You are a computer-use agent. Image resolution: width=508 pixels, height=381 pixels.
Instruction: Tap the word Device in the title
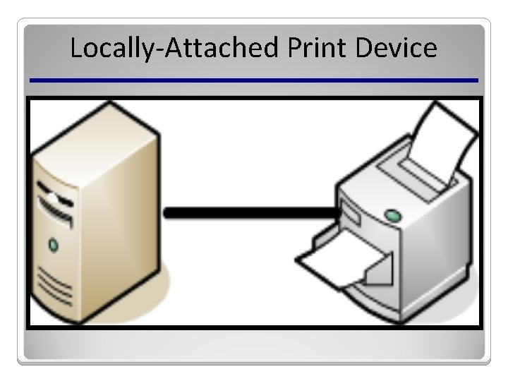point(397,49)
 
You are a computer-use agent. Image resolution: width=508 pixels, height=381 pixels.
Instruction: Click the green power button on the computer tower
point(52,246)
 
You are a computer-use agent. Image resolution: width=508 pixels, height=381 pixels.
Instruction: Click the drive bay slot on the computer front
point(55,209)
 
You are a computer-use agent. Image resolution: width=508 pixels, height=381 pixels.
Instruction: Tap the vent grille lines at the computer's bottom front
point(54,286)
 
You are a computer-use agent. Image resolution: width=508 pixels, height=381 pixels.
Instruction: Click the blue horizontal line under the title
point(254,80)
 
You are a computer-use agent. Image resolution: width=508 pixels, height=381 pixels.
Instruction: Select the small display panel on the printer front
point(350,211)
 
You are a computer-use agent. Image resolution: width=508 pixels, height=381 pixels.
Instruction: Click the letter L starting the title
point(76,49)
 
